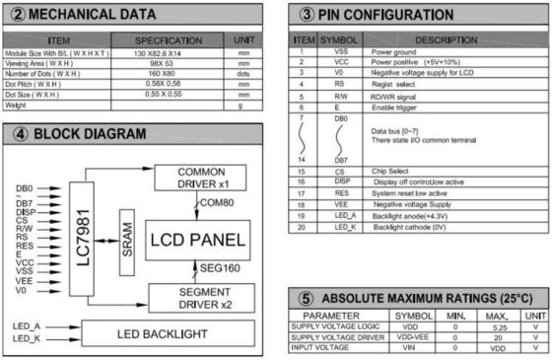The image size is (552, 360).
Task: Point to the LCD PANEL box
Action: click(x=196, y=240)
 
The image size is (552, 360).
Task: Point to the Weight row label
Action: click(x=19, y=104)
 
